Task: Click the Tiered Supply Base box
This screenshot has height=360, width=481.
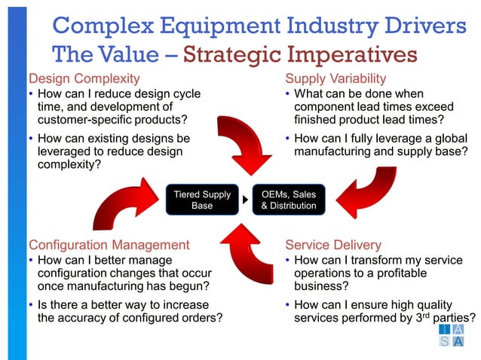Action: [202, 200]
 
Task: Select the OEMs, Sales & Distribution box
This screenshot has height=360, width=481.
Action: [288, 200]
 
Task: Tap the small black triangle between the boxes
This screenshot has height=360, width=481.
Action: [245, 200]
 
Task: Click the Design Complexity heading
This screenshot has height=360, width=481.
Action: [84, 78]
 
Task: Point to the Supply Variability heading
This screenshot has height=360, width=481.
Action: [335, 78]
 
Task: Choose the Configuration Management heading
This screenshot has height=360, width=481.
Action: [109, 245]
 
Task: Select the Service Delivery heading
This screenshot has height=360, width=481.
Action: [332, 245]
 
